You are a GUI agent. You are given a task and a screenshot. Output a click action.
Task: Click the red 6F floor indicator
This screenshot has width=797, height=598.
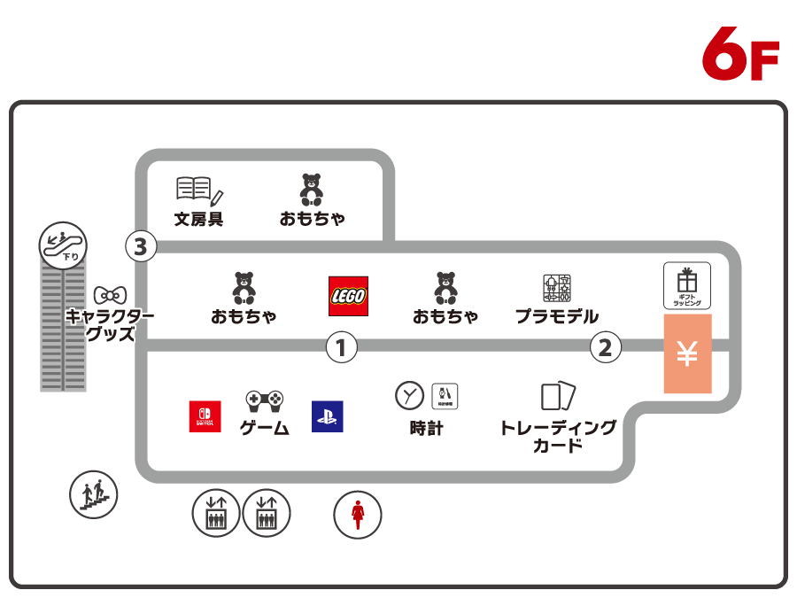(739, 55)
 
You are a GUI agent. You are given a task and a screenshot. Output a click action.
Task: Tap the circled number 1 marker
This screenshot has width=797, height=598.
(341, 346)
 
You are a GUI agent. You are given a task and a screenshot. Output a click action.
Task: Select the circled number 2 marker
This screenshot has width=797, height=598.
(605, 347)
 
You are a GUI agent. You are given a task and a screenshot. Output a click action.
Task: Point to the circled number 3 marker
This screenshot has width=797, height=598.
(140, 246)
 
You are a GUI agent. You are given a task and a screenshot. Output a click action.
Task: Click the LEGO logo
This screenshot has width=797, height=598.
(348, 296)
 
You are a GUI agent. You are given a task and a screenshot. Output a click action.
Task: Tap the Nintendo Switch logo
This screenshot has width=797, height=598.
(205, 416)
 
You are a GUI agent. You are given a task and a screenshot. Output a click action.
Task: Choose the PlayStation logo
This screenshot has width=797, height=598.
(327, 416)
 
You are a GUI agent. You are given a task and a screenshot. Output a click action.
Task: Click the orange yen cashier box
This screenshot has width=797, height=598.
(687, 353)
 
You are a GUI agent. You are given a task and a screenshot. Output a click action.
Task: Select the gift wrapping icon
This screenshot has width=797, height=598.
(687, 285)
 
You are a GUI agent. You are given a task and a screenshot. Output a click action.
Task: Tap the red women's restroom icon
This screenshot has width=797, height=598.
(358, 515)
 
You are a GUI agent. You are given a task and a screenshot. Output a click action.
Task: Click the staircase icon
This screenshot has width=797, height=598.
(93, 495)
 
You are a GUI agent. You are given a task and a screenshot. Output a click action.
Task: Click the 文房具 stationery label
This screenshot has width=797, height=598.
(198, 218)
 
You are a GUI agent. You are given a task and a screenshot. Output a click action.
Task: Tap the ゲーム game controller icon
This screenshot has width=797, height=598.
(264, 401)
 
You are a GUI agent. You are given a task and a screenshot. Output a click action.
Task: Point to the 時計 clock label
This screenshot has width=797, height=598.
(426, 428)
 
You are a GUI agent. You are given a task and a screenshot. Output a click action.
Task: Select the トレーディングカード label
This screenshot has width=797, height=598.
(558, 436)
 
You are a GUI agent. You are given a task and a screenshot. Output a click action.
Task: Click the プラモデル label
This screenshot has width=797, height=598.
(557, 316)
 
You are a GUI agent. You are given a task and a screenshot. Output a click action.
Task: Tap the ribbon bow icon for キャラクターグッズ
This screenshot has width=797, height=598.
(110, 294)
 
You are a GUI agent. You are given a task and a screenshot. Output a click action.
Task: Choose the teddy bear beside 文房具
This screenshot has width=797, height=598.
(312, 190)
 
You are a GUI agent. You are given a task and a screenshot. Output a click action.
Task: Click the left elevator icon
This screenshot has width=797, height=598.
(216, 514)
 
